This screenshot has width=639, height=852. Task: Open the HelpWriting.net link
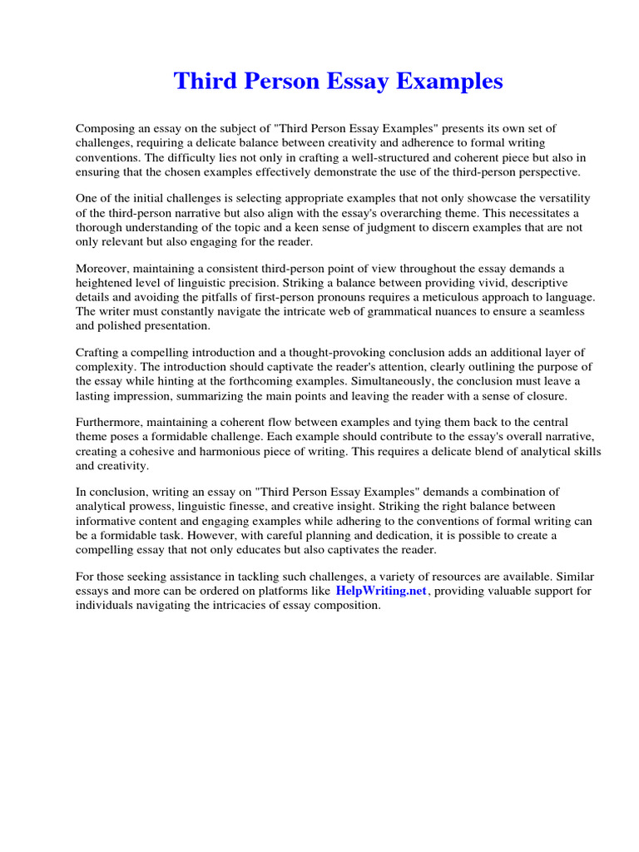click(381, 591)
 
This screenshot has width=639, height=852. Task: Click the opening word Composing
click(106, 128)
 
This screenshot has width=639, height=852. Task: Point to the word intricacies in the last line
click(254, 606)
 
